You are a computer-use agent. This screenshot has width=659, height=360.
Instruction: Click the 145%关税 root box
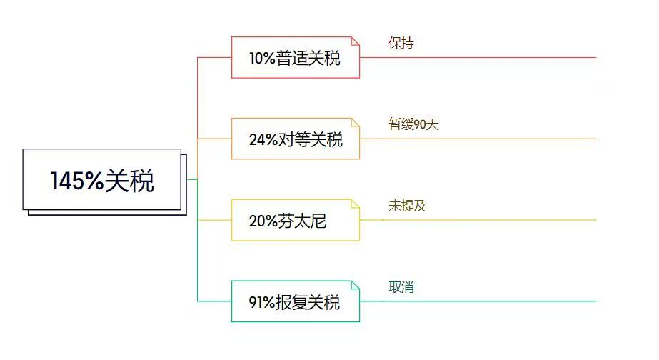[x=102, y=179]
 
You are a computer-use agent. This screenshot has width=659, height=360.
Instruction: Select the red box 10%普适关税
[x=296, y=57]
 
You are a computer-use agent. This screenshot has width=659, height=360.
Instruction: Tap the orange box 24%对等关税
[x=296, y=139]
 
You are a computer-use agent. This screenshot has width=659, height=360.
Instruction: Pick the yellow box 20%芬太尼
[x=296, y=220]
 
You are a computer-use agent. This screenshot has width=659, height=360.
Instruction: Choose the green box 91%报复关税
[x=296, y=301]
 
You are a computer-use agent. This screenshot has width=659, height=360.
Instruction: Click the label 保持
[x=401, y=42]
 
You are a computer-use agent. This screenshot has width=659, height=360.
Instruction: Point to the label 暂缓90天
[x=413, y=124]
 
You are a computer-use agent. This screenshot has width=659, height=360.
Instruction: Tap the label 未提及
[x=407, y=206]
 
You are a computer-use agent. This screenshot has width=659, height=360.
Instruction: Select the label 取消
[x=401, y=287]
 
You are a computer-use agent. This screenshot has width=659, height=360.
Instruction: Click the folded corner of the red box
[x=355, y=41]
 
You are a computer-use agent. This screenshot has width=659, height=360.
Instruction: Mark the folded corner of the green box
[x=355, y=285]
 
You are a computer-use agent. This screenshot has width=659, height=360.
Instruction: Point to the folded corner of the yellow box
[x=355, y=204]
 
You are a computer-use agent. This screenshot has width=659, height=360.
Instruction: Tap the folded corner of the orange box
[x=355, y=122]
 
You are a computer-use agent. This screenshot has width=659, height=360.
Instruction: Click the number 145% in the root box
[x=77, y=181]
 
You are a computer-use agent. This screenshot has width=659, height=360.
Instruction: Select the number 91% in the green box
[x=262, y=302]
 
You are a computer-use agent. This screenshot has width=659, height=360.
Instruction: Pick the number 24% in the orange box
[x=263, y=139]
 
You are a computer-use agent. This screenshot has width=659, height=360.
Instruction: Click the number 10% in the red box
[x=262, y=59]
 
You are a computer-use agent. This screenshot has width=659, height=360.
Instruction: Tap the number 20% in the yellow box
[x=263, y=221]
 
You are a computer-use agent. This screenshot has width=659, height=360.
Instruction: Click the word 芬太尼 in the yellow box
[x=302, y=221]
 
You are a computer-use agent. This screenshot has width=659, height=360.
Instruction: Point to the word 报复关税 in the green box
[x=307, y=302]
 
